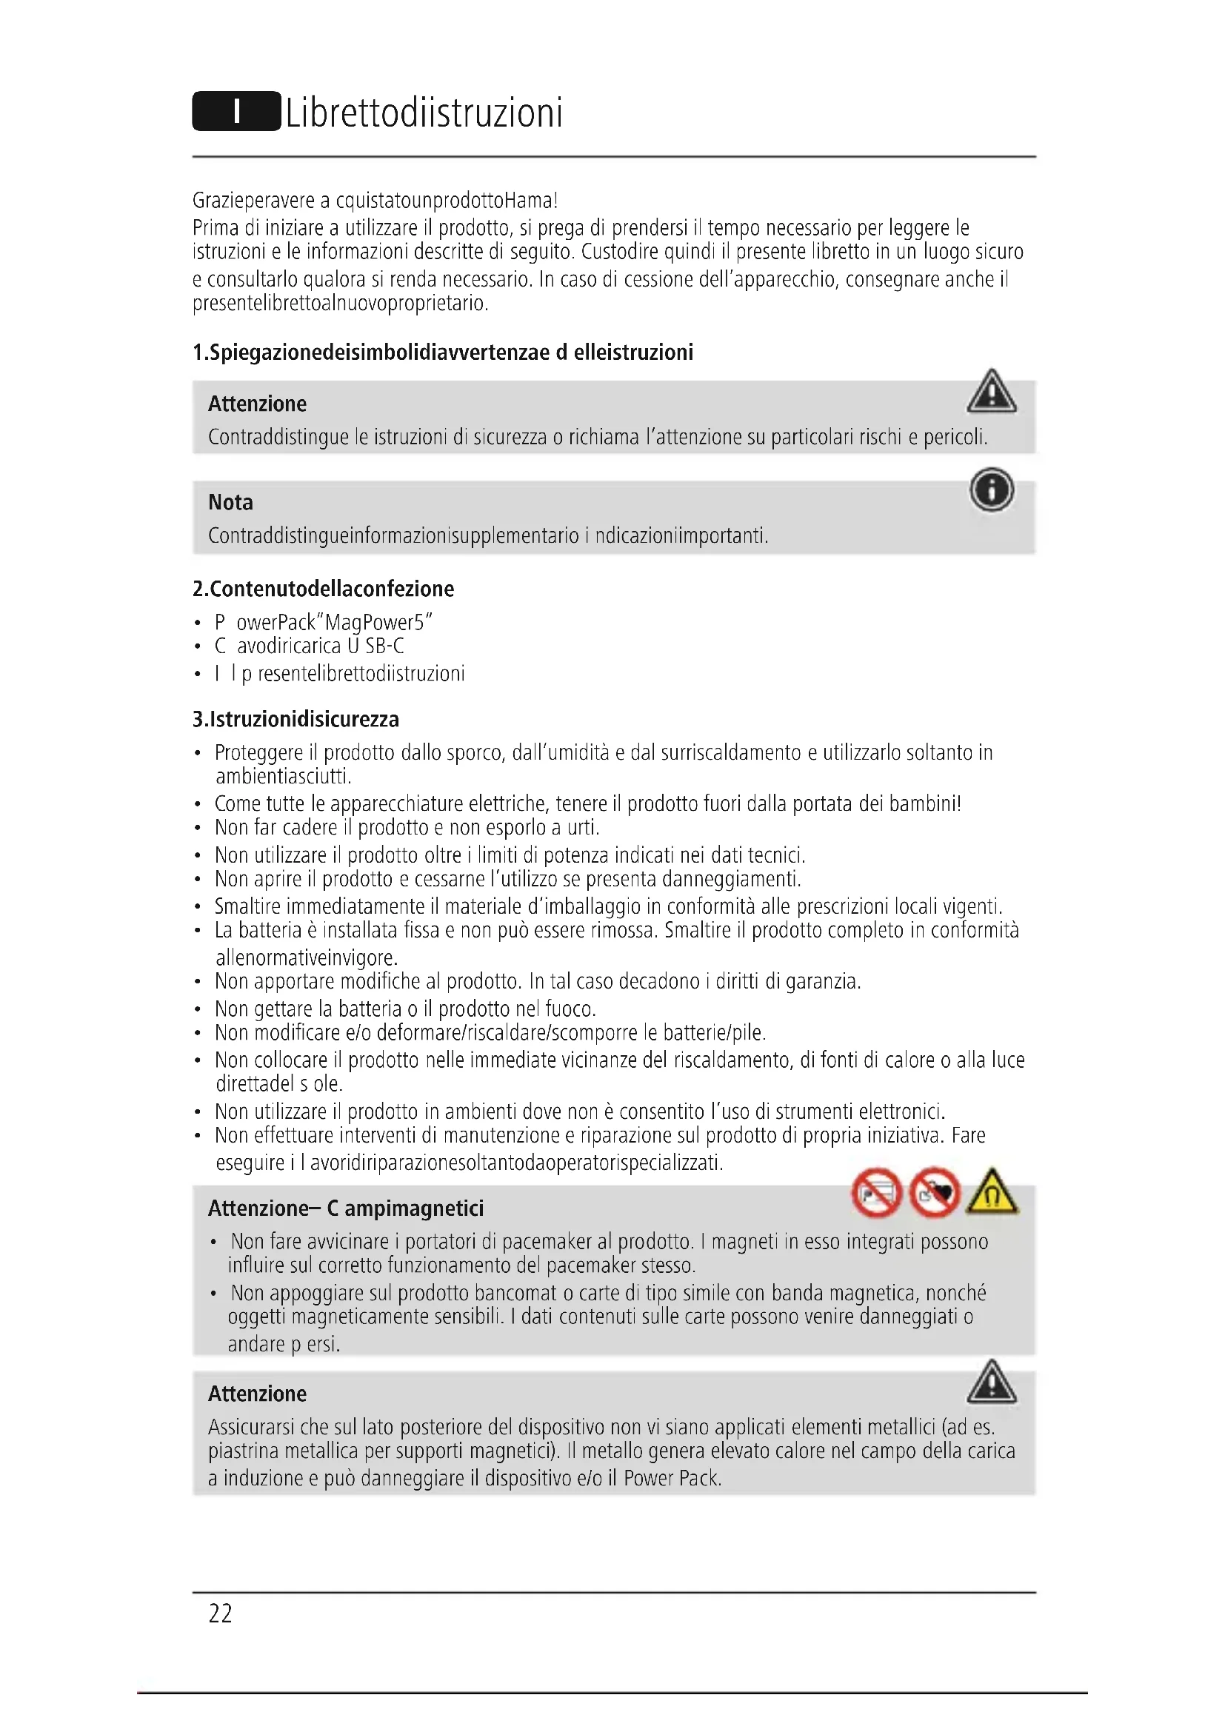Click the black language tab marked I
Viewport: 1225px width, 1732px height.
click(x=236, y=112)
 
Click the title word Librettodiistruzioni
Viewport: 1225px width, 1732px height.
click(x=424, y=113)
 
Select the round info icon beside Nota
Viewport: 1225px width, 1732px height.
click(x=991, y=490)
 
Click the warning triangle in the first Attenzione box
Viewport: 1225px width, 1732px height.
click(x=991, y=392)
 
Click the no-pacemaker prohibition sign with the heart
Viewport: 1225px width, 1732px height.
click(x=935, y=1194)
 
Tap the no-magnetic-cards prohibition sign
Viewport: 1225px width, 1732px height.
click(x=876, y=1194)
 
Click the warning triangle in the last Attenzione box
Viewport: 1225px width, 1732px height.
click(x=991, y=1382)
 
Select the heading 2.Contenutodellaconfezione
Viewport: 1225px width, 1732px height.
click(x=323, y=589)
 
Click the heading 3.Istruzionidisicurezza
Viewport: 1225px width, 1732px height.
click(x=296, y=719)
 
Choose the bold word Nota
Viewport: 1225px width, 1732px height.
click(x=230, y=502)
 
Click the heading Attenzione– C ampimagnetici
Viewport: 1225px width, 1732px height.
click(x=345, y=1208)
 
